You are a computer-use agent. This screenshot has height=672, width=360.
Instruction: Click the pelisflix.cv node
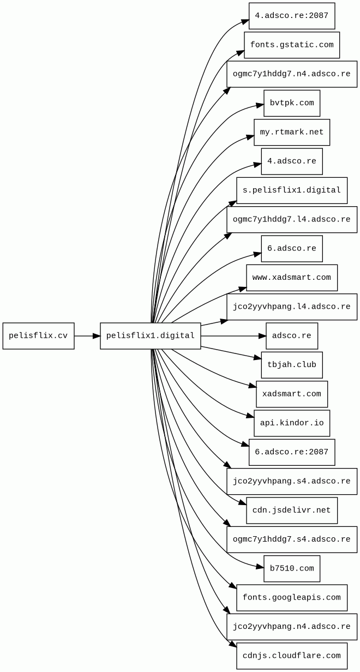[38, 335]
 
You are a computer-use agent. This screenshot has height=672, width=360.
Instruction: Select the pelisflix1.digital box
[150, 335]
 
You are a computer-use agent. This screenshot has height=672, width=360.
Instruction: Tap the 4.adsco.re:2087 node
[292, 16]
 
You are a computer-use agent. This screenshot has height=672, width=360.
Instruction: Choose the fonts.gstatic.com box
[292, 45]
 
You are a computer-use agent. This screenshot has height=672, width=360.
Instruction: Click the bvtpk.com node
[292, 103]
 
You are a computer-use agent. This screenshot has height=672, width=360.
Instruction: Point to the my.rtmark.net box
[292, 132]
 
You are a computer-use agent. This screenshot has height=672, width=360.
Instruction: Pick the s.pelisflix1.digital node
[292, 190]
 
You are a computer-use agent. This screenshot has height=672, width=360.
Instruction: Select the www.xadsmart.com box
[292, 278]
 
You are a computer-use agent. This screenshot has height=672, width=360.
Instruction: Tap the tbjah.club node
[292, 365]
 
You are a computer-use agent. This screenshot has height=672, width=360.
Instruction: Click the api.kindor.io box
[292, 423]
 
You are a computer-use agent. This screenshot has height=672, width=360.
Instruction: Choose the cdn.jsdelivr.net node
[292, 510]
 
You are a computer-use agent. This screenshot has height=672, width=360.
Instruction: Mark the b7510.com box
[292, 568]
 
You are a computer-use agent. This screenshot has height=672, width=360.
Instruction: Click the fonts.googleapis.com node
[292, 597]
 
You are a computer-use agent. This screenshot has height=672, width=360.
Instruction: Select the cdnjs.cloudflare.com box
[292, 656]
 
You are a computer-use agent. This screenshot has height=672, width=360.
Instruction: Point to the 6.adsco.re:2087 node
[292, 452]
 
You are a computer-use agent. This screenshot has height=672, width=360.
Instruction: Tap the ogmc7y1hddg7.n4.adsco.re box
[292, 74]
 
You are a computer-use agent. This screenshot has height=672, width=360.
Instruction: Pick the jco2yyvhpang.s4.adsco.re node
[292, 481]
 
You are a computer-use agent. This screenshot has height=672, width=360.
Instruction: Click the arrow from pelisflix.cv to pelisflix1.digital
[87, 335]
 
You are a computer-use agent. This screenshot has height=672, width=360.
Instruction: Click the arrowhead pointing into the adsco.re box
[262, 335]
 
